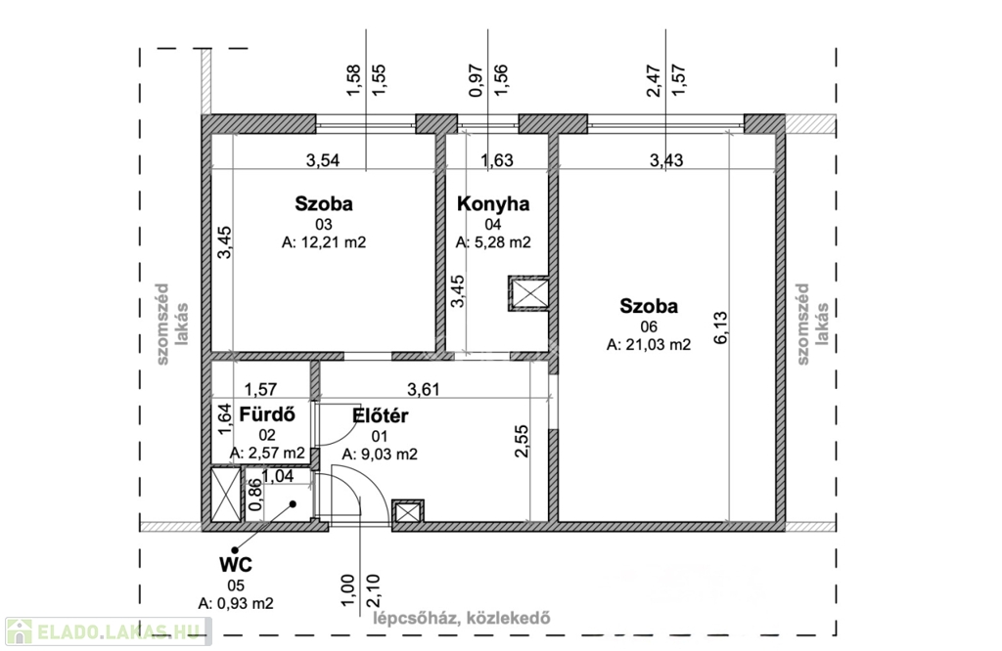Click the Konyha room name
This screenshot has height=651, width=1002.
pyautogui.click(x=493, y=204)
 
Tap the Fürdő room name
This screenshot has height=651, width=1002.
pyautogui.click(x=267, y=414)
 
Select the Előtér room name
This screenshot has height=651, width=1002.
pyautogui.click(x=381, y=415)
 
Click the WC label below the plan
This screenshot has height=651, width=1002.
pyautogui.click(x=235, y=564)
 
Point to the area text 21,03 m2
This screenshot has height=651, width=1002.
pyautogui.click(x=649, y=345)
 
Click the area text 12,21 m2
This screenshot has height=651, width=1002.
pyautogui.click(x=324, y=242)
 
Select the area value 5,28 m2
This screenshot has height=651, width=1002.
pyautogui.click(x=493, y=242)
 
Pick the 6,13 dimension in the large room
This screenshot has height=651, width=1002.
pyautogui.click(x=720, y=327)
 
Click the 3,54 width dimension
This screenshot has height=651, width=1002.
pyautogui.click(x=323, y=160)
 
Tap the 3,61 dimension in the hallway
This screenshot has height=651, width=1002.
pyautogui.click(x=424, y=389)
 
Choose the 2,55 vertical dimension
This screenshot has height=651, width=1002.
pyautogui.click(x=522, y=441)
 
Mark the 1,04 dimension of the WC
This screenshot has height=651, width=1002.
pyautogui.click(x=277, y=475)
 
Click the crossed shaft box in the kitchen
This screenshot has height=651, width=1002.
pyautogui.click(x=528, y=293)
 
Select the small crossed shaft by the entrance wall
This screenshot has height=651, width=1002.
pyautogui.click(x=408, y=511)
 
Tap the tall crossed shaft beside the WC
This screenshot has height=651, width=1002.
pyautogui.click(x=226, y=495)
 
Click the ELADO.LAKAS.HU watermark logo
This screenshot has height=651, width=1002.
pyautogui.click(x=108, y=631)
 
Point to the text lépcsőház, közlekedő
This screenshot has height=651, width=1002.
pyautogui.click(x=462, y=618)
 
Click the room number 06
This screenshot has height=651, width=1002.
pyautogui.click(x=649, y=326)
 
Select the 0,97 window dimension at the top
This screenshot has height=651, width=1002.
pyautogui.click(x=477, y=80)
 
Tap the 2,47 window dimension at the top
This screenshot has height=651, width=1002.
pyautogui.click(x=654, y=80)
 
